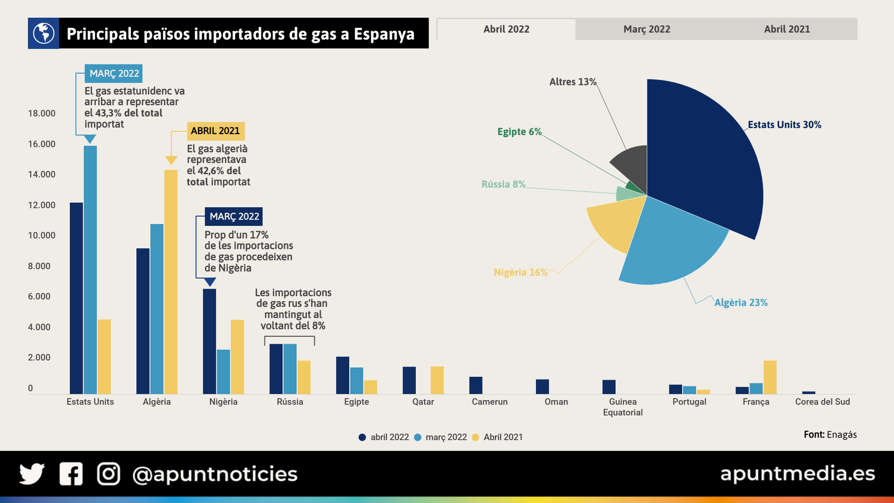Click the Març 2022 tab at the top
[646, 29]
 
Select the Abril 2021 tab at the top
[787, 29]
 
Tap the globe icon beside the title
[44, 34]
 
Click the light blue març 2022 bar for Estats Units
[90, 268]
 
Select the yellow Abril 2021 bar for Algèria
[170, 279]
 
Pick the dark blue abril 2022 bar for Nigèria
[209, 341]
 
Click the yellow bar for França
[770, 377]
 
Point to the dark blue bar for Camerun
[475, 385]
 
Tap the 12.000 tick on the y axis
[42, 205]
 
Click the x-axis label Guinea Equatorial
[622, 407]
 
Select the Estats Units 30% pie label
[784, 125]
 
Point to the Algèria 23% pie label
[741, 302]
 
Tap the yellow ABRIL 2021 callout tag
[215, 131]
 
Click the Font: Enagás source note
[830, 434]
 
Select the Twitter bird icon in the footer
[32, 474]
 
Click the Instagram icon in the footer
[108, 474]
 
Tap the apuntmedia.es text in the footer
[797, 473]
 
